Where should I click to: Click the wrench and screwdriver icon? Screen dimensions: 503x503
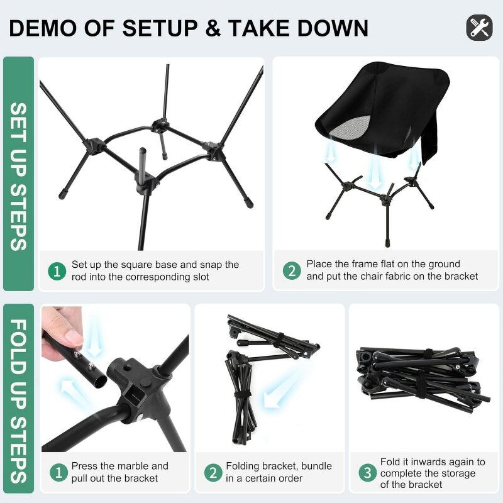click(x=479, y=28)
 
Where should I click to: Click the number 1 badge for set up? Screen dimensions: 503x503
click(x=57, y=272)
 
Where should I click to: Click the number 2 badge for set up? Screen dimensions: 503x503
click(x=291, y=271)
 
